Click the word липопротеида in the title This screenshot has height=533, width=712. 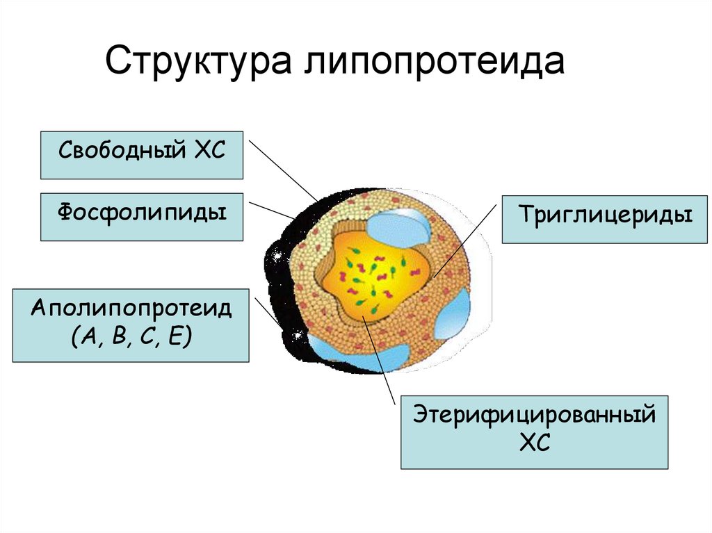coord(432,63)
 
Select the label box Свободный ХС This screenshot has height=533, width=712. coord(142,154)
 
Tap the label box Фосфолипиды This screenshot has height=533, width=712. coord(142,217)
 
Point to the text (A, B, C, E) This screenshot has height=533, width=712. coord(131,339)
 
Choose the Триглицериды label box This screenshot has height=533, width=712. coord(605,219)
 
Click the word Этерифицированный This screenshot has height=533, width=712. coord(534,416)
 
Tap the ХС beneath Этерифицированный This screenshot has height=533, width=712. coord(534,443)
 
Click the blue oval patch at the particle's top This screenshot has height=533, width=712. coord(398,226)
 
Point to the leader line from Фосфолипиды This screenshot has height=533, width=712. coord(271,211)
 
